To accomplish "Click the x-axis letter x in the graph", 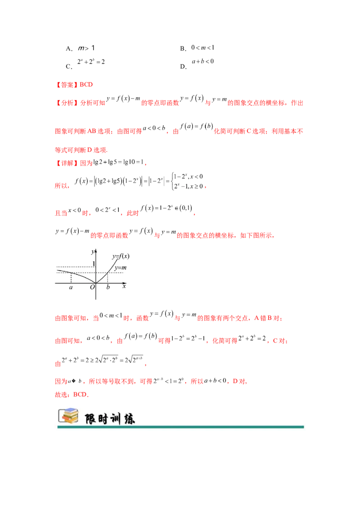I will [124, 286].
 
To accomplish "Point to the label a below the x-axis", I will [71, 287].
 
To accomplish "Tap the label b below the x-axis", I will [108, 287].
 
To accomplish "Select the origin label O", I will [92, 287].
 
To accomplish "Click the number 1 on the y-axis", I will [94, 263].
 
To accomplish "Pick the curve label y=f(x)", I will [121, 257].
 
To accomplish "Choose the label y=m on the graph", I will [120, 268].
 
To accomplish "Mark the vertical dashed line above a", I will [71, 277].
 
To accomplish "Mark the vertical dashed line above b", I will [108, 278].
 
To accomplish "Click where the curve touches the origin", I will [96, 283].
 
